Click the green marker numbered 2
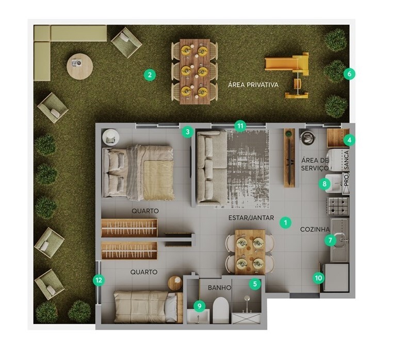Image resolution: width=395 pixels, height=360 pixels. click(x=150, y=75)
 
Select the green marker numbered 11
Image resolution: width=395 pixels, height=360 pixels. click(x=240, y=126)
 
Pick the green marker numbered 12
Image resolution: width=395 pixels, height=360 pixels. click(x=98, y=280)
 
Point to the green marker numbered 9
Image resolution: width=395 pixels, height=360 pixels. click(x=200, y=306)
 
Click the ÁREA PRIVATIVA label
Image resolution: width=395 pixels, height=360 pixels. click(x=253, y=84)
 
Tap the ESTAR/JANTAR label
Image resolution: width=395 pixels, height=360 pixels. click(x=251, y=218)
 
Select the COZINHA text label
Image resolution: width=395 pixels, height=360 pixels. click(x=315, y=229)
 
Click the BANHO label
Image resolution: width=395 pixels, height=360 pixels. click(x=220, y=287)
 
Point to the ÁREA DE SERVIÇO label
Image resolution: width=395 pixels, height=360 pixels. click(x=315, y=164)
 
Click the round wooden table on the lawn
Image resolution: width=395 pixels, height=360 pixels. click(x=79, y=66)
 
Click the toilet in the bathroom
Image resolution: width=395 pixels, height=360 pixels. click(x=221, y=310)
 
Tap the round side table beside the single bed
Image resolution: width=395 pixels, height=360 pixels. click(x=175, y=283)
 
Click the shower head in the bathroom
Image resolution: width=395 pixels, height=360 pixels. click(x=247, y=298)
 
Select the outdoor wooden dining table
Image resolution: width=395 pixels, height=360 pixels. click(x=195, y=72)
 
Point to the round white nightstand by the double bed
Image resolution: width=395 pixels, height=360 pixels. click(x=110, y=136)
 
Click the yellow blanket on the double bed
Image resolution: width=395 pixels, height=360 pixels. click(x=159, y=180)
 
